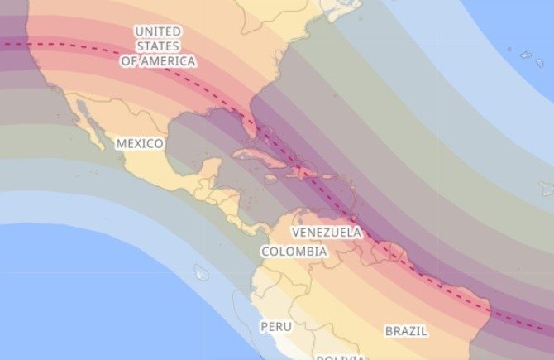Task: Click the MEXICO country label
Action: (x=140, y=143)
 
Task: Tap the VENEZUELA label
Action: (x=327, y=232)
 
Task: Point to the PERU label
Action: (x=275, y=326)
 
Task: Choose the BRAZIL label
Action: (x=406, y=331)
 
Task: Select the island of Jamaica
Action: (x=271, y=179)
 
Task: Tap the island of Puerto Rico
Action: (x=329, y=176)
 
